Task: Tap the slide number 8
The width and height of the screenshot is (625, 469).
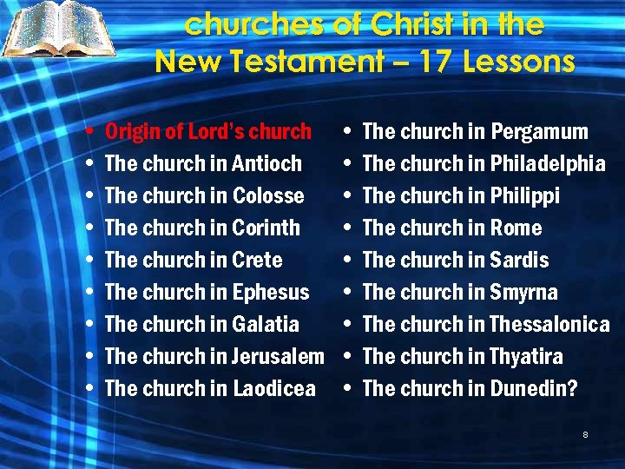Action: [x=586, y=434]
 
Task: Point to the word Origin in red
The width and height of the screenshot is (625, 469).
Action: [x=133, y=132]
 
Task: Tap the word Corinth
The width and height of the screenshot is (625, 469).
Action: [x=266, y=228]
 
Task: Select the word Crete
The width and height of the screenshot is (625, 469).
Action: [x=258, y=261]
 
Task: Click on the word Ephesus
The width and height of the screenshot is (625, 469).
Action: [x=271, y=293]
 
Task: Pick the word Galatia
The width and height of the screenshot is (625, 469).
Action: [x=266, y=325]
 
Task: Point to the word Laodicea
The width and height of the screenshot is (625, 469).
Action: [x=274, y=389]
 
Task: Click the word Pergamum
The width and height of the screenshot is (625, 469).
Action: [x=540, y=132]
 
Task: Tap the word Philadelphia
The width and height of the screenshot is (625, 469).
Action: [x=548, y=164]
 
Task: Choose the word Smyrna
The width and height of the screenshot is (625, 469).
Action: [x=524, y=293]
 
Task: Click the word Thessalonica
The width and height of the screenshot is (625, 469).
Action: [x=549, y=325]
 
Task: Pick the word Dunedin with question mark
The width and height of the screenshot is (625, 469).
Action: [x=534, y=389]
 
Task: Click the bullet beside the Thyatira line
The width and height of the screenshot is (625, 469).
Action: [x=348, y=357]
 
